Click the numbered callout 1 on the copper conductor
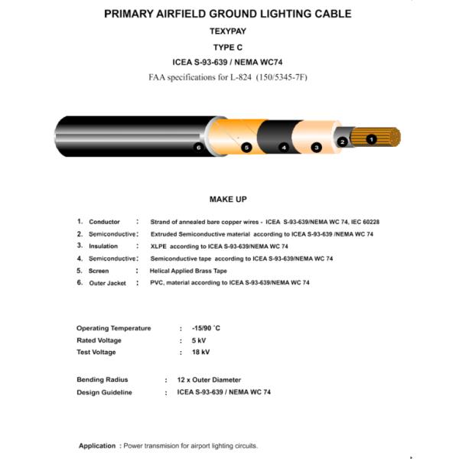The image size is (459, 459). point(372,139)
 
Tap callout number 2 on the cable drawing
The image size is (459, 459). point(343,142)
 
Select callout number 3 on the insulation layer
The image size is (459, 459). point(316,147)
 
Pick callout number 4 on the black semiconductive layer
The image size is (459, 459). point(284,147)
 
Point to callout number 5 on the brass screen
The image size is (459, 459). point(246,147)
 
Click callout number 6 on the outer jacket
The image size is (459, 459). point(198,147)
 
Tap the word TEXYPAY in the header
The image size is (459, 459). point(228,32)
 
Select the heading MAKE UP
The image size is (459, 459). point(228,200)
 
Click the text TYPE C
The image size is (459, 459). point(228,47)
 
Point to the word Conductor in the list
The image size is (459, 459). point(104,222)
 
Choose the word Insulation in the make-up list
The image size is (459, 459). point(103,246)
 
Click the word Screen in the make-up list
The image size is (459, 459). point(99,271)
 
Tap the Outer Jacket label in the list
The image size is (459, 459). point(107,283)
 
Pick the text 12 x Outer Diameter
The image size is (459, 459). point(209,380)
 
